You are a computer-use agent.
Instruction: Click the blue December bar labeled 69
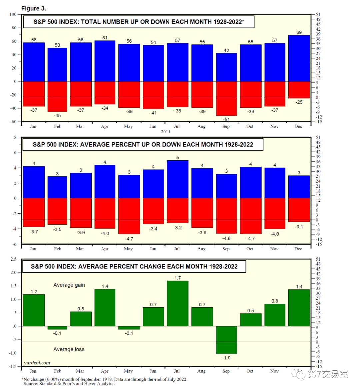click(x=299, y=58)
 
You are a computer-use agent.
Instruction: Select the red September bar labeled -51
click(x=226, y=99)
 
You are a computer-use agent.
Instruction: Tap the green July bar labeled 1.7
click(x=178, y=303)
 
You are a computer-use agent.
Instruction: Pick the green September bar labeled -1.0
click(x=226, y=340)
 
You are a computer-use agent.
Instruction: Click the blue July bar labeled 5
click(x=178, y=179)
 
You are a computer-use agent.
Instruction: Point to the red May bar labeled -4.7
click(x=129, y=216)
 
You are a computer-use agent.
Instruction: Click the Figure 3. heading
click(x=34, y=8)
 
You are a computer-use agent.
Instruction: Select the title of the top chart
click(x=139, y=22)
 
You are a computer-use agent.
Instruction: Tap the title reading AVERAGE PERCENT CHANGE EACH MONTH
click(x=134, y=266)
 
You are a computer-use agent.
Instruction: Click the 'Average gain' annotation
click(x=69, y=285)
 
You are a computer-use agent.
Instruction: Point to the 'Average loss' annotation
click(x=69, y=349)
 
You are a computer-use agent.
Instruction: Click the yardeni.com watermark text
click(x=37, y=363)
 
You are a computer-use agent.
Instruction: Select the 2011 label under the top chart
click(x=166, y=132)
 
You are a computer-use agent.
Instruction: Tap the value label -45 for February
click(x=57, y=116)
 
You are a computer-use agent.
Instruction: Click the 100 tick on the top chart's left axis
click(x=13, y=14)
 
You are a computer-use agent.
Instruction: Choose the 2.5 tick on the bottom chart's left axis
click(x=13, y=259)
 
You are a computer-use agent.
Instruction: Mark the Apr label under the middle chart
click(x=105, y=249)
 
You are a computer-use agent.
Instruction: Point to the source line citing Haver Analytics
click(x=70, y=384)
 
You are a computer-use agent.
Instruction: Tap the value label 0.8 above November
click(x=275, y=301)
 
